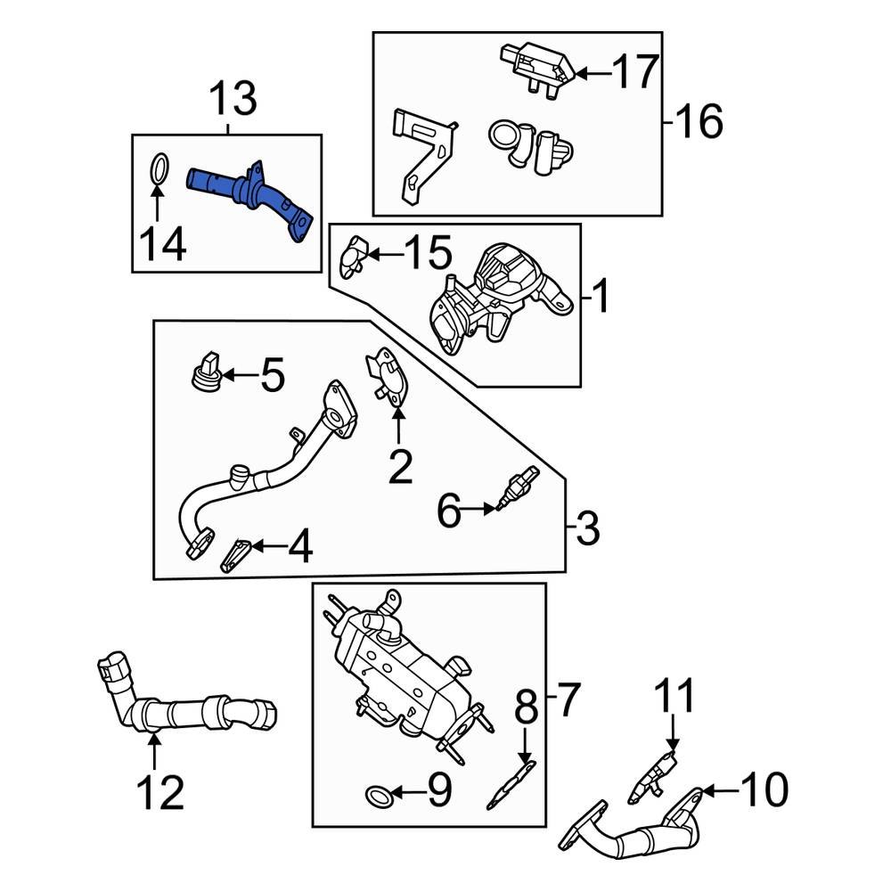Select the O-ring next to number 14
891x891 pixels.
click(x=158, y=168)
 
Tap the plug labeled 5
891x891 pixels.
click(x=206, y=373)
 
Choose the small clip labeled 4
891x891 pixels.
click(x=236, y=556)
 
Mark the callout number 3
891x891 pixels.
click(x=588, y=529)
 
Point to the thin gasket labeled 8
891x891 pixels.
click(x=511, y=784)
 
